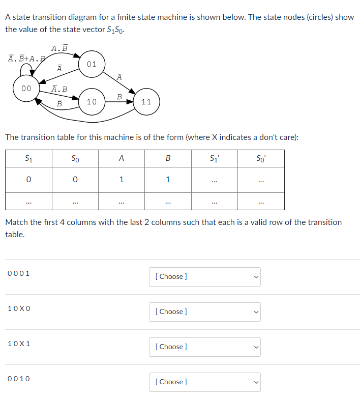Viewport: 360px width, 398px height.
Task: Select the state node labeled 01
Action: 92,65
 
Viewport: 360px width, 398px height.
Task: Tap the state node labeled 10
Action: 92,102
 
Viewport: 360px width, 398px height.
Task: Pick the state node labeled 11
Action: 146,102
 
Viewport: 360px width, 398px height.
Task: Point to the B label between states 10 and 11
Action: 119,96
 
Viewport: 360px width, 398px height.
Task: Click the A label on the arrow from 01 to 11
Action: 119,77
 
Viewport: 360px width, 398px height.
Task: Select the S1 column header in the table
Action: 28,158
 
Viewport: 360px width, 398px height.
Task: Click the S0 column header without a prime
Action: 75,158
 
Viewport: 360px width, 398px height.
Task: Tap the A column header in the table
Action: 121,158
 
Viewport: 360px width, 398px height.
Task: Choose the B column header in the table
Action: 168,158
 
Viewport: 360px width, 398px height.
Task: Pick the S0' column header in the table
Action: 261,158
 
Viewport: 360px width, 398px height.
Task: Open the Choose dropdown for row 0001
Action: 204,276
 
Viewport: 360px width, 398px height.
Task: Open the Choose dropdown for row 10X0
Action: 204,311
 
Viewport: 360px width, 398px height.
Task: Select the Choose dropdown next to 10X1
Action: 204,347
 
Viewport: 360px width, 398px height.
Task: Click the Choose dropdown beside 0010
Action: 204,382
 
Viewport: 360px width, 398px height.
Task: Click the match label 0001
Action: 19,273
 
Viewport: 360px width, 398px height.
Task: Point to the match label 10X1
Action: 19,344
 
